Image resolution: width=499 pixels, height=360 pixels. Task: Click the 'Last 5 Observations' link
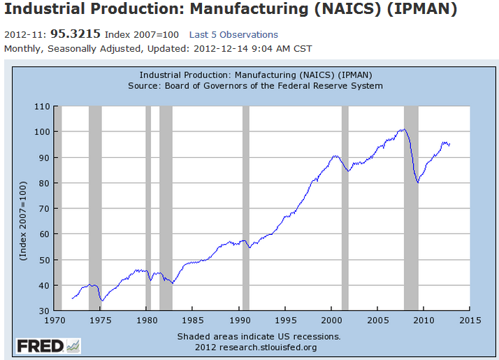(x=233, y=34)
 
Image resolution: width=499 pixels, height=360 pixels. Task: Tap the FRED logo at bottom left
(x=48, y=346)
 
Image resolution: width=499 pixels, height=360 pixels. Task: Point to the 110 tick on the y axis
(x=44, y=106)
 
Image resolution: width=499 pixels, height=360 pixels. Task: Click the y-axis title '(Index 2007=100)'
(x=23, y=222)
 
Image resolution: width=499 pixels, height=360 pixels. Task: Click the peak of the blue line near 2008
(x=403, y=129)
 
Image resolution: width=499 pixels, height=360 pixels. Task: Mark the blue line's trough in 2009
(x=418, y=182)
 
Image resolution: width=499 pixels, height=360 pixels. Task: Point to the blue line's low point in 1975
(x=102, y=301)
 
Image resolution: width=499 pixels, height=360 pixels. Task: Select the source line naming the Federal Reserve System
(x=255, y=86)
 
